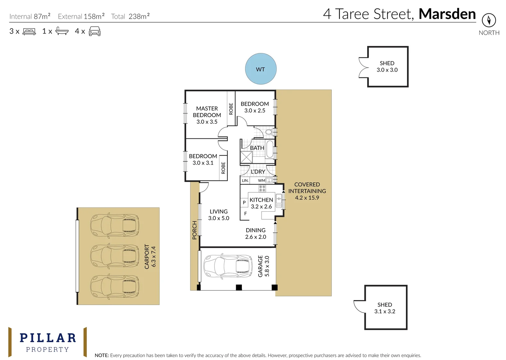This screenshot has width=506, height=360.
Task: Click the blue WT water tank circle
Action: tap(261, 69)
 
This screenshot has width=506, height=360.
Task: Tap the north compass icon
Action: tap(489, 20)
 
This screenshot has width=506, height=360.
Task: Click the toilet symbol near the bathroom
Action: tap(269, 132)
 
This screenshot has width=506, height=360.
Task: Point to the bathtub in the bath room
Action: tap(270, 149)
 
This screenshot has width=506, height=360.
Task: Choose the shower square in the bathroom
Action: tap(246, 157)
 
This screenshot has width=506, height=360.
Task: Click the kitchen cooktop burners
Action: tap(262, 188)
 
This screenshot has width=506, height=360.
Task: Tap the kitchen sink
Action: tap(279, 200)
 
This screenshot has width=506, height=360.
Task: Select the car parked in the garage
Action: tap(228, 266)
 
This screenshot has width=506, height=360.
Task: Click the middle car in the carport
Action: tap(115, 256)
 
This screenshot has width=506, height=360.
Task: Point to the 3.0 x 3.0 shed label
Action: tap(387, 67)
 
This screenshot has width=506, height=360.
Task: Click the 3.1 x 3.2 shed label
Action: tap(385, 308)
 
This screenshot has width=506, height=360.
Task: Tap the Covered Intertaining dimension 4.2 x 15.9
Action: tap(307, 198)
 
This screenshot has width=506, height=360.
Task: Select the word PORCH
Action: tap(194, 230)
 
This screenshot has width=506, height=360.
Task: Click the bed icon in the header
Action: tap(29, 31)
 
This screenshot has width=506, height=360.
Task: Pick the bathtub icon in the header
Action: tap(62, 31)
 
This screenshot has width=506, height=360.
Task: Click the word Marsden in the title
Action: tap(447, 14)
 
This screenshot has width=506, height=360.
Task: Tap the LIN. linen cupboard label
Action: tap(245, 181)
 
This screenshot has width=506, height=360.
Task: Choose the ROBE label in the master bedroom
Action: tap(231, 109)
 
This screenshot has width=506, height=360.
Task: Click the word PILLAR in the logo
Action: tap(48, 338)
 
